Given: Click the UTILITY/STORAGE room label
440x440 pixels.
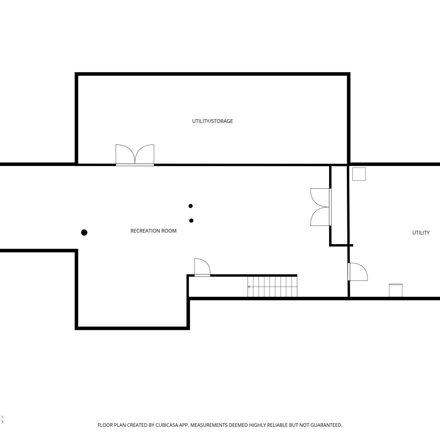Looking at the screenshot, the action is click(212, 121).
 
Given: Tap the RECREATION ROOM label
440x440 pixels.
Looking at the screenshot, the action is click(153, 231).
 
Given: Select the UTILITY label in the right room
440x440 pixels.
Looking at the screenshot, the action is click(421, 233).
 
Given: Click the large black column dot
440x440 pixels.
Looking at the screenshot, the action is click(84, 233).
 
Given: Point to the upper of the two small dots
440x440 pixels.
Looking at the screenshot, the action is click(190, 206).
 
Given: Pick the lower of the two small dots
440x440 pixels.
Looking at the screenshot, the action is click(191, 221).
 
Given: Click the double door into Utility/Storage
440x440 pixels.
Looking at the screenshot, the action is click(135, 155).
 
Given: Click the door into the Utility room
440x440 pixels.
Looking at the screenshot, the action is click(358, 272).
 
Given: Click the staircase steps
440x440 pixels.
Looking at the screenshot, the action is click(273, 287).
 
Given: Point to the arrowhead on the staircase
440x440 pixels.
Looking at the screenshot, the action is click(249, 287).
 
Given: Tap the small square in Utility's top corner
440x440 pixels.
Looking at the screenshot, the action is click(359, 174).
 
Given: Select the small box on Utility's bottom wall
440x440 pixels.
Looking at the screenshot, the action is click(396, 290).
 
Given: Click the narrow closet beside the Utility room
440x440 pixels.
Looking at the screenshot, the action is click(339, 205).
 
